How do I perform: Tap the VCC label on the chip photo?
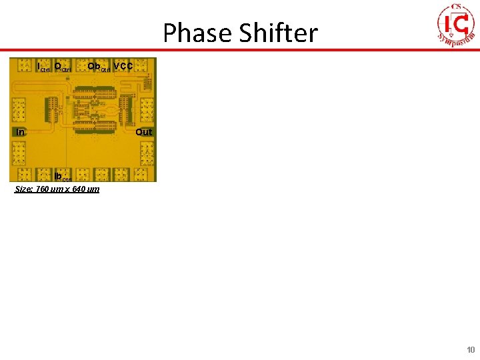pyautogui.click(x=123, y=66)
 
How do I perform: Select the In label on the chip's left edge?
pyautogui.click(x=21, y=132)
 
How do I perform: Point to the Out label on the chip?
pyautogui.click(x=144, y=132)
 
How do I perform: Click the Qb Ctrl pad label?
pyautogui.click(x=99, y=67)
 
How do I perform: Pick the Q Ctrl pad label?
pyautogui.click(x=63, y=67)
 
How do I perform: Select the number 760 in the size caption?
pyautogui.click(x=42, y=189)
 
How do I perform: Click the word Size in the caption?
pyautogui.click(x=23, y=189)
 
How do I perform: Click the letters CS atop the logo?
pyautogui.click(x=457, y=7)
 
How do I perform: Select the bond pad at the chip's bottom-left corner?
pyautogui.click(x=18, y=175)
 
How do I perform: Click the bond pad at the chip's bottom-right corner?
pyautogui.click(x=145, y=175)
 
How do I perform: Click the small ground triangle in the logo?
pyautogui.click(x=451, y=35)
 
